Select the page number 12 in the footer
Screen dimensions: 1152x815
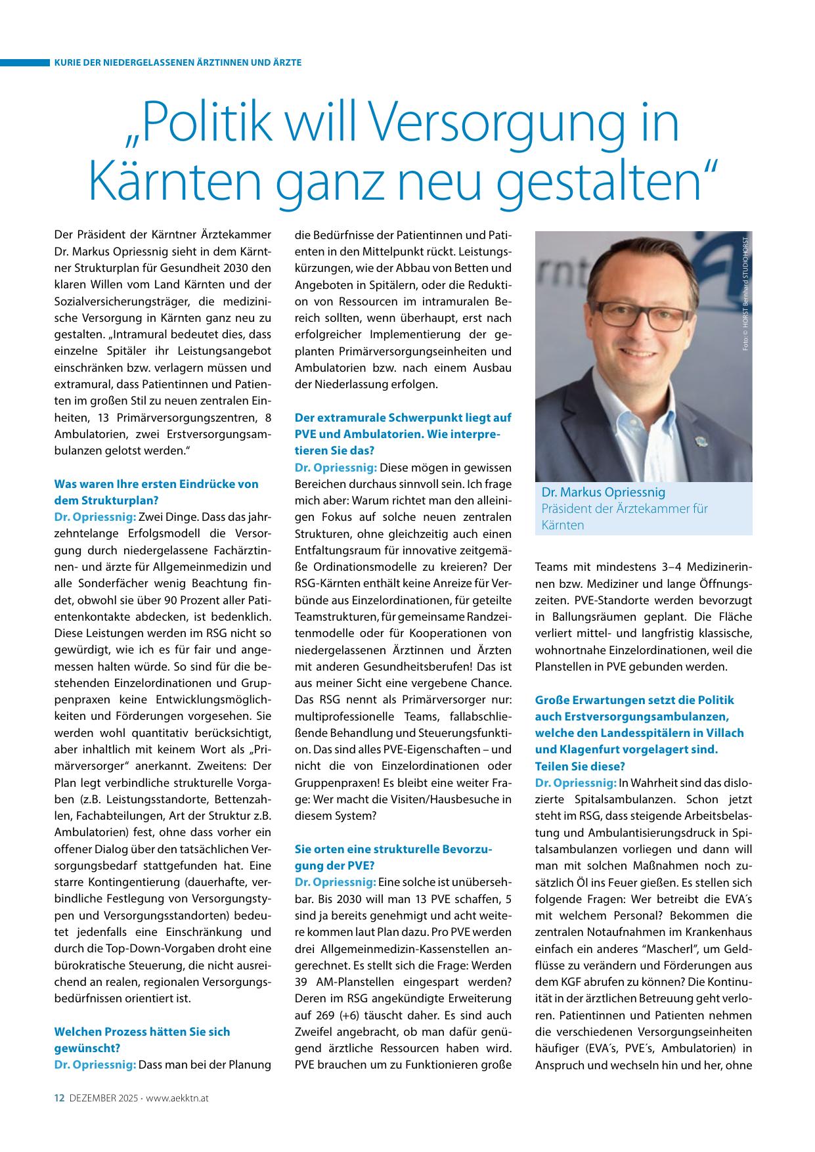tap(58, 1097)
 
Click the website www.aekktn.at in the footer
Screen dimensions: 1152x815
tap(178, 1097)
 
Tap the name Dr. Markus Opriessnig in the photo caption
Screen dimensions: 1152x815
tap(604, 493)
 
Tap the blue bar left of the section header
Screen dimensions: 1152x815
tap(25, 62)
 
